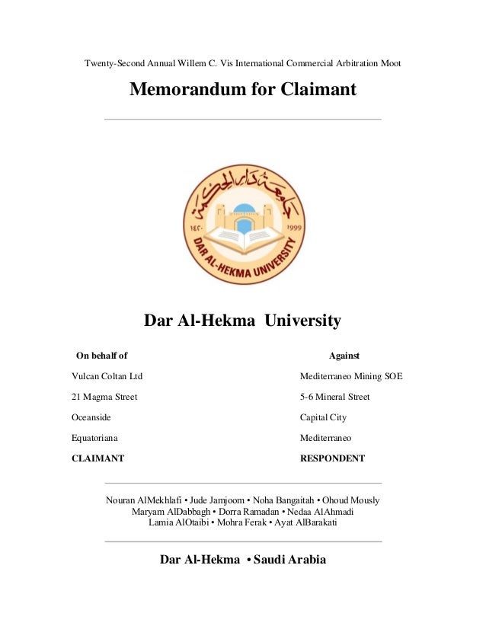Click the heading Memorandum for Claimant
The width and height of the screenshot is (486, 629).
point(242,90)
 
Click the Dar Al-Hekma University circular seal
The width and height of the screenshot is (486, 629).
point(243,225)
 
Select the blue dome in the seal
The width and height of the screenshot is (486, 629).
point(243,209)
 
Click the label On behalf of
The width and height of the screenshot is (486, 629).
point(101,356)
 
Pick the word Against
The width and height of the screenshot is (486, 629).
point(344,356)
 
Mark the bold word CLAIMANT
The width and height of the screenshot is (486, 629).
point(98,458)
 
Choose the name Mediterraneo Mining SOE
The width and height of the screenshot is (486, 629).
point(351,376)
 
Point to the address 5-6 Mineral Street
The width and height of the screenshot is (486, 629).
point(334,397)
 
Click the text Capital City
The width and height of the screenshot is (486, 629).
point(323,417)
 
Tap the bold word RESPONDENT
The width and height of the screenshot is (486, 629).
point(332,458)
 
